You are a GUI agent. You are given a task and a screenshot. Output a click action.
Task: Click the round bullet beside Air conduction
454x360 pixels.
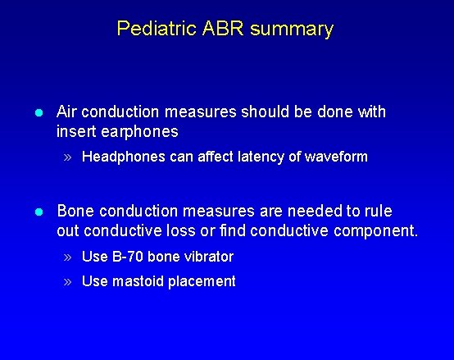(x=38, y=112)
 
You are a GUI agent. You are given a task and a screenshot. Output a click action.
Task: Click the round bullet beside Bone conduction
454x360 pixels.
(x=38, y=212)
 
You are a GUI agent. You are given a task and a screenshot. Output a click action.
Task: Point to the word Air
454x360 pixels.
(x=68, y=112)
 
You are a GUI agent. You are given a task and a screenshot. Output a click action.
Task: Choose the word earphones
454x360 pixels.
(x=139, y=131)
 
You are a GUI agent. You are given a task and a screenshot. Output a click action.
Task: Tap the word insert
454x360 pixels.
(x=76, y=131)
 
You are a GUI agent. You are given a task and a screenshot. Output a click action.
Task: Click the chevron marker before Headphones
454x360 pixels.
(x=70, y=157)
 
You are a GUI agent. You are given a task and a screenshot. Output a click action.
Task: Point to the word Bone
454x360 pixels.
(x=75, y=212)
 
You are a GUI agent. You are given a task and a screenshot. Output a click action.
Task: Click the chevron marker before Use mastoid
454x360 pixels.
(x=70, y=282)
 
